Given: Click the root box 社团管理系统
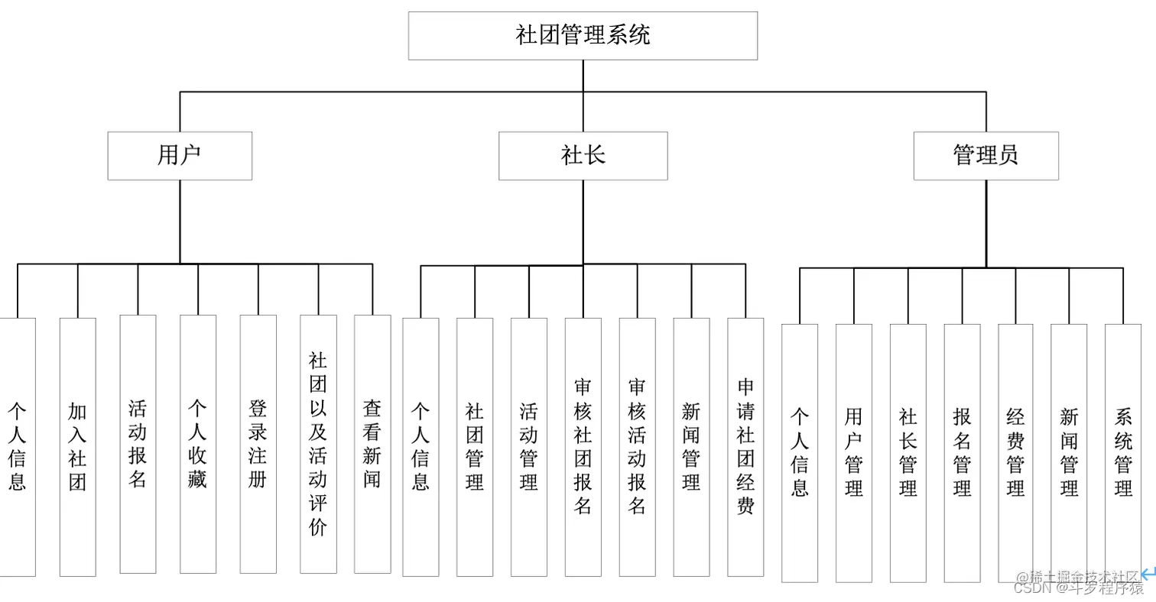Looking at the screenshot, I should coord(583,35).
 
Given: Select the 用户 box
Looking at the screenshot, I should coord(180,156).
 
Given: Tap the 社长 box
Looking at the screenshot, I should coord(583,156).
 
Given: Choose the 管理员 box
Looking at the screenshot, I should coord(986,156).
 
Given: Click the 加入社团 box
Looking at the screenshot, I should coord(77,446).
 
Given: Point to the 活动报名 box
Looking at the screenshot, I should coord(138,444).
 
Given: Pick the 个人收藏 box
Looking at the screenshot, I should coord(198,444).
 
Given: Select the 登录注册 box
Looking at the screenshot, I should coord(258,444).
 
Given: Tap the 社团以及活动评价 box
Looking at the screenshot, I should coord(318,444).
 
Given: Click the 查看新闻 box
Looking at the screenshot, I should coord(372,444).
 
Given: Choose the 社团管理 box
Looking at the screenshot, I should coord(475,447).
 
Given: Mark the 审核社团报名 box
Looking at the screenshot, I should coord(583,447).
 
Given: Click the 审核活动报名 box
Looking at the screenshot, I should coord(637,447).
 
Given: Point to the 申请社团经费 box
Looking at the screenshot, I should coord(745,447).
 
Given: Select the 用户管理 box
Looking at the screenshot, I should coord(854,453).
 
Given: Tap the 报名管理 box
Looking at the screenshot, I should coord(962,453).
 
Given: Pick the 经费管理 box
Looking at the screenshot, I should coord(1015,453).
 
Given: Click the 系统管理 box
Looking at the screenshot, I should coord(1123,453).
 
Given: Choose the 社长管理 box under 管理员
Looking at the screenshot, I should coord(908,453).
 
